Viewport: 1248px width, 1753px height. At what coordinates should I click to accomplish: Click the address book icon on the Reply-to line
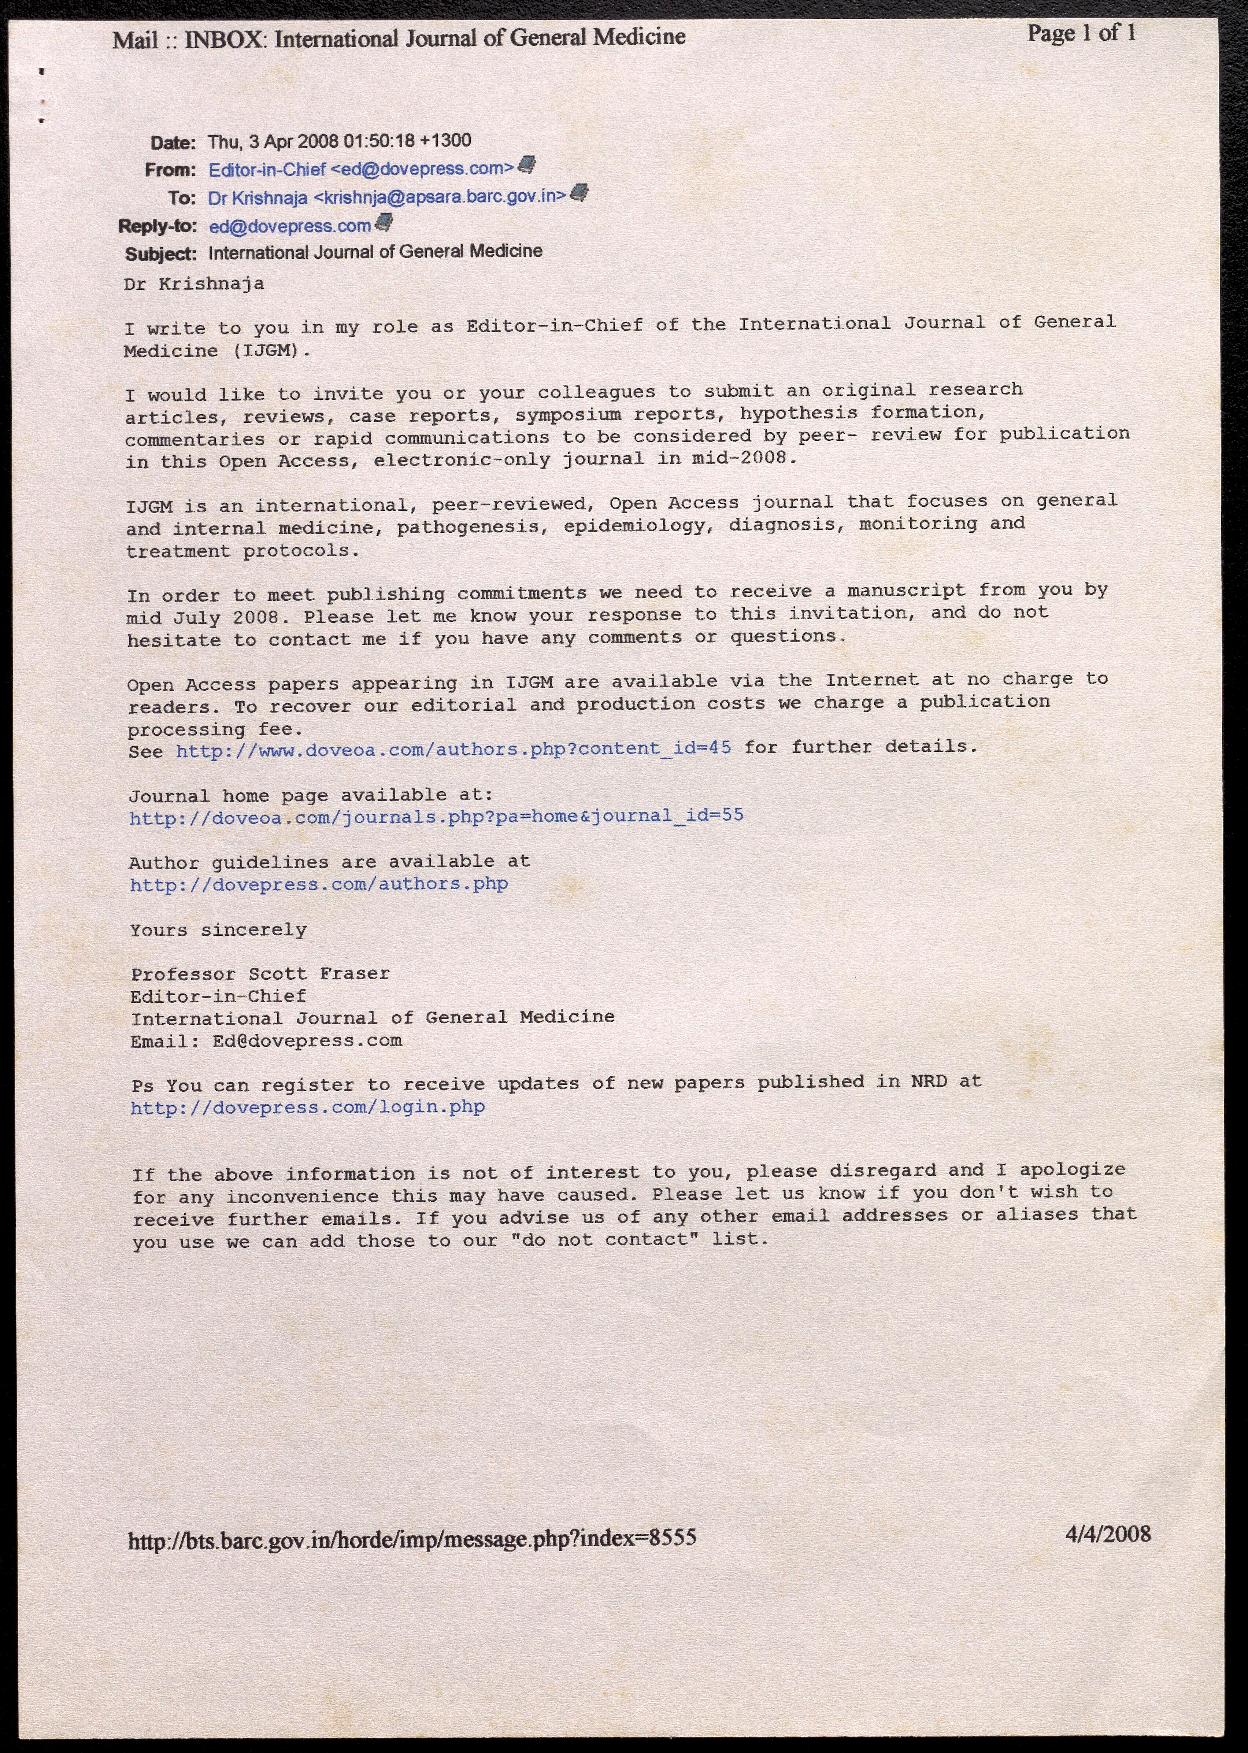(x=384, y=223)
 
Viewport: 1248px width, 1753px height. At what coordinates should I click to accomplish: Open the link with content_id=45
(x=453, y=748)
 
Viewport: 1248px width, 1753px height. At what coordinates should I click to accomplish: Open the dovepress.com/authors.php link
(x=319, y=885)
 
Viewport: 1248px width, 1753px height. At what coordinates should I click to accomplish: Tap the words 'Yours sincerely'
(x=218, y=931)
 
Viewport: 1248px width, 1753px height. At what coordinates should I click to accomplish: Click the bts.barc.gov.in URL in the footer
(x=412, y=1539)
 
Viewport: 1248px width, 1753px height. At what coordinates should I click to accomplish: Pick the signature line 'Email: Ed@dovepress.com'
(x=266, y=1041)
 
